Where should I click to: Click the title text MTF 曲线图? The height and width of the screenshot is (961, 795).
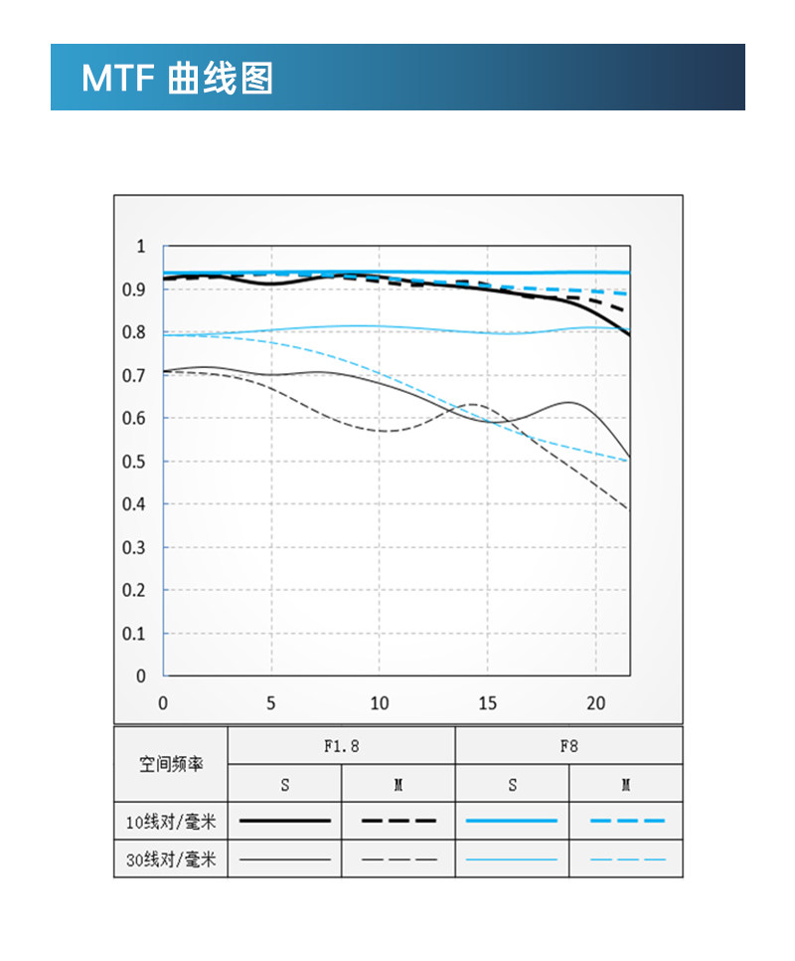click(x=177, y=78)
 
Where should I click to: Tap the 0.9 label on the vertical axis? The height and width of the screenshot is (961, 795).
click(x=134, y=289)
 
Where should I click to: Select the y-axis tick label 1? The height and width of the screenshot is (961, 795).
click(x=140, y=247)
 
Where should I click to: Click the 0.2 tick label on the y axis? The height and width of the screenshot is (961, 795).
click(x=134, y=590)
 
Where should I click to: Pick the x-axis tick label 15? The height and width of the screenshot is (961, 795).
click(x=487, y=703)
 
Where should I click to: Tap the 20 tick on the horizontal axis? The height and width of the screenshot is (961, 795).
click(x=595, y=703)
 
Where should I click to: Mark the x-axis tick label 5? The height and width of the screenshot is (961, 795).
click(x=271, y=703)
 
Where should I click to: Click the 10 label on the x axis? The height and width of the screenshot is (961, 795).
click(x=379, y=703)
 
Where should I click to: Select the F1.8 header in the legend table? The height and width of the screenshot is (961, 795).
click(x=341, y=746)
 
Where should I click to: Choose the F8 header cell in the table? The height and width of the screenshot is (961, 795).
click(x=568, y=746)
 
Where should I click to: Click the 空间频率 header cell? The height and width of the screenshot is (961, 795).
click(x=171, y=765)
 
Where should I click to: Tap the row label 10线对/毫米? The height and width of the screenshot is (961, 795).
click(x=171, y=822)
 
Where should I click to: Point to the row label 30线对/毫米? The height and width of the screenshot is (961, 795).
click(x=171, y=859)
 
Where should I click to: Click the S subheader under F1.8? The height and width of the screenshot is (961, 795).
click(x=285, y=785)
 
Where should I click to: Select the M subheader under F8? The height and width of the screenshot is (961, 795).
click(x=626, y=785)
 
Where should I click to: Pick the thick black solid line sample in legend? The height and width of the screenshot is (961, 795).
click(x=285, y=821)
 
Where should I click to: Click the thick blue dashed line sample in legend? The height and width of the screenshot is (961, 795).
click(x=626, y=821)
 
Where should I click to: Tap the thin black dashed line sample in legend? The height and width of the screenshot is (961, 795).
click(x=398, y=859)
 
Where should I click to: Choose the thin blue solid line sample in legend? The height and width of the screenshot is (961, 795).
click(x=512, y=859)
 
